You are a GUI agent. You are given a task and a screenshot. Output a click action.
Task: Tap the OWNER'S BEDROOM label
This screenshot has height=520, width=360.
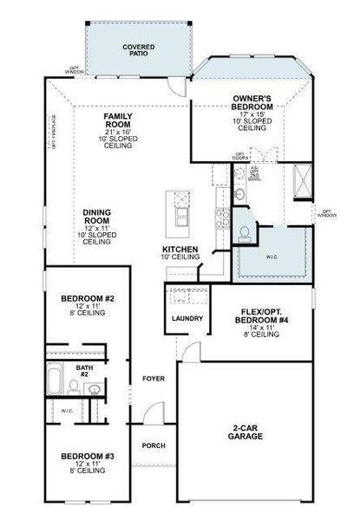tap(253, 101)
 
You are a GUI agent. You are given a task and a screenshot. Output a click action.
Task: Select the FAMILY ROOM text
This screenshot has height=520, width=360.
tap(117, 119)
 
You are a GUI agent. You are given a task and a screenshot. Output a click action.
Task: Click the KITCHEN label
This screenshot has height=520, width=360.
tap(180, 250)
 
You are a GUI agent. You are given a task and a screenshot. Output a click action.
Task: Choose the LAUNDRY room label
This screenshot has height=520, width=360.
tap(187, 318)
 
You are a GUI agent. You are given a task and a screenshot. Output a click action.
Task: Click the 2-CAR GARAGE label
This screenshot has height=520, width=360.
tap(245, 432)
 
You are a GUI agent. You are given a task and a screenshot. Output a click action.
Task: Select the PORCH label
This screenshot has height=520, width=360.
tap(154, 445)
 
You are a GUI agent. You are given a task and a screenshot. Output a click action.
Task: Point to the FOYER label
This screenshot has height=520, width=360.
tap(154, 379)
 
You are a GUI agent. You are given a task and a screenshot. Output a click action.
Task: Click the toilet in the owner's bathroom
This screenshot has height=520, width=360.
tap(245, 232)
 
